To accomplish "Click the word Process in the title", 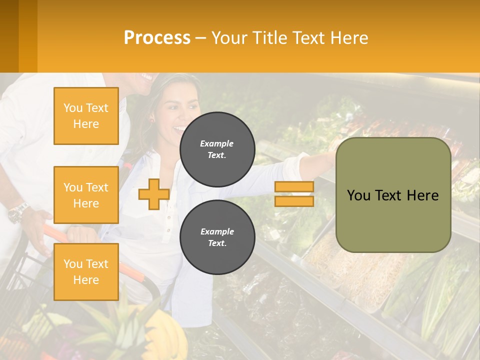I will pos(157,37).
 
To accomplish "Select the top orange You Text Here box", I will pos(86,116).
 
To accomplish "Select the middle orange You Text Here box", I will pos(86,195).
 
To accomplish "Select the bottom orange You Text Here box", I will pos(86,271).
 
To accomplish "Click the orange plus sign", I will pos(153,194).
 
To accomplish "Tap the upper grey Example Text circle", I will pos(217,149).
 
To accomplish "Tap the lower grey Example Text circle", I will pos(217,237).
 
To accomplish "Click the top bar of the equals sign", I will pos(294,187).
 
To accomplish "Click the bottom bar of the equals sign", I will pos(294,201).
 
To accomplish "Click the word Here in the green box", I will pos(422,195).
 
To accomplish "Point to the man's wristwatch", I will pos(18,212).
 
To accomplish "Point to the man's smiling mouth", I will pos(146,77).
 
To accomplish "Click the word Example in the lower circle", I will pos(217,231).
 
